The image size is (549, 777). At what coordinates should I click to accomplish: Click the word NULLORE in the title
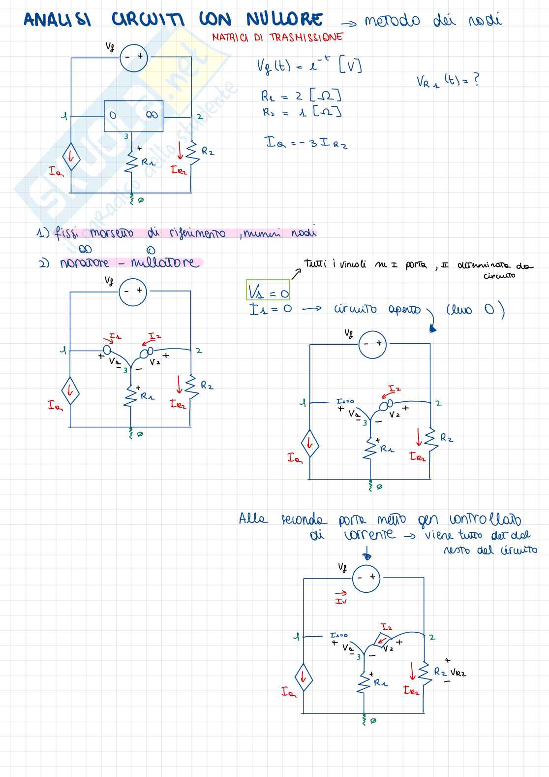[x=284, y=19]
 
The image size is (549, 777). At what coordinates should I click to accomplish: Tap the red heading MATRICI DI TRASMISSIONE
[x=277, y=37]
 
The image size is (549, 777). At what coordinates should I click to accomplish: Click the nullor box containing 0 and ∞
[x=133, y=116]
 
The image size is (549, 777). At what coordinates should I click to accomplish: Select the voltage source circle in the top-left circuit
[x=134, y=58]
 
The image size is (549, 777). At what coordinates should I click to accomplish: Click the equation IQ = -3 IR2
[x=306, y=143]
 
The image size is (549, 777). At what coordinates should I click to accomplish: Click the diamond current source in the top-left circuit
[x=71, y=157]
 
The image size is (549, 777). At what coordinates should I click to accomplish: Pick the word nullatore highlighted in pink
[x=165, y=262]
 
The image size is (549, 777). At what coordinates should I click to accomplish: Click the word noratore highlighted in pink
[x=84, y=263]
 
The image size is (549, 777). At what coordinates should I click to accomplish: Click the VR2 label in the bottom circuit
[x=457, y=673]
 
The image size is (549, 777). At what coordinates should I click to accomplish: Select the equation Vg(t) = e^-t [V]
[x=309, y=65]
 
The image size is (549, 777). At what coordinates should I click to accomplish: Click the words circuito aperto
[x=377, y=310]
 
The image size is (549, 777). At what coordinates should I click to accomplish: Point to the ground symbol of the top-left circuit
[x=132, y=199]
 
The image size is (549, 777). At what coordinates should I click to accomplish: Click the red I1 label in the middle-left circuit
[x=115, y=337]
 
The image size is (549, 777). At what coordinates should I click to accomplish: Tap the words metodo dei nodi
[x=433, y=20]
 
